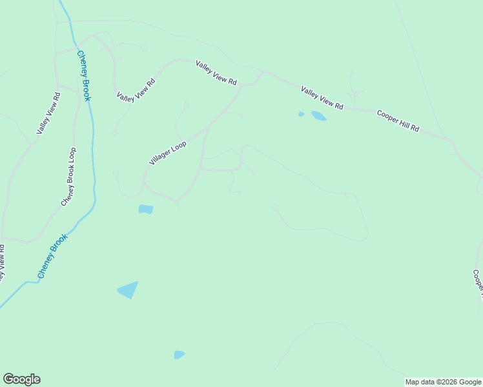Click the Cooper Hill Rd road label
(x=398, y=121)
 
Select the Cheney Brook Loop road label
(x=68, y=177)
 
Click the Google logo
(x=21, y=379)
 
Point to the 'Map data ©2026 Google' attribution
(x=443, y=382)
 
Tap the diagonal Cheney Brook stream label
(x=52, y=256)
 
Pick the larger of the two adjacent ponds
(x=318, y=116)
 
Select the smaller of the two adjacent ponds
(x=301, y=114)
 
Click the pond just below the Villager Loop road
(x=146, y=209)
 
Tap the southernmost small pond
(x=179, y=355)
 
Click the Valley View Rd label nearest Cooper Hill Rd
(x=322, y=97)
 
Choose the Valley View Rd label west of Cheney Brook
(x=48, y=114)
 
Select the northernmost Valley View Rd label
(x=217, y=74)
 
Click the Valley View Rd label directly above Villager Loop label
(x=136, y=89)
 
